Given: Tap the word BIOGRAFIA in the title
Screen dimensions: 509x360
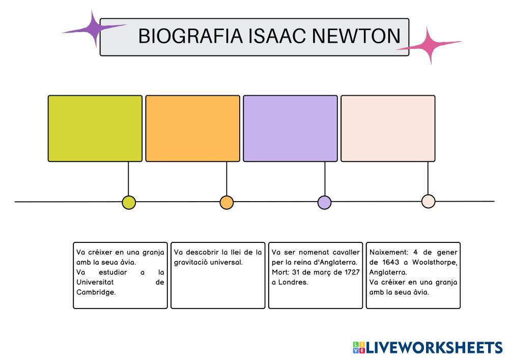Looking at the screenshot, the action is click(190, 36).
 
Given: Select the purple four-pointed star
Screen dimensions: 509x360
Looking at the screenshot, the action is click(94, 29).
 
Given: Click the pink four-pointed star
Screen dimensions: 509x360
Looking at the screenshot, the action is click(429, 45).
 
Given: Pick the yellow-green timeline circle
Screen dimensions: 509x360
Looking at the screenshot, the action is click(129, 203).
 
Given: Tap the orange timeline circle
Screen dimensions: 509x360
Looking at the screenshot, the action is click(227, 203).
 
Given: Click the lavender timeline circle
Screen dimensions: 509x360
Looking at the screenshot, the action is click(324, 203).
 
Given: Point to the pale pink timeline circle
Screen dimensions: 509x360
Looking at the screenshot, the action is click(428, 201).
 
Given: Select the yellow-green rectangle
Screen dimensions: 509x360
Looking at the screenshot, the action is click(95, 128).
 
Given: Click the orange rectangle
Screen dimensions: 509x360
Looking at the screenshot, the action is click(193, 128).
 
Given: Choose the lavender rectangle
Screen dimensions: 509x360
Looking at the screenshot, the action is click(290, 128).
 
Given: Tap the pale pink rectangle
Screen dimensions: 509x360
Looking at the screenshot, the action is click(388, 128).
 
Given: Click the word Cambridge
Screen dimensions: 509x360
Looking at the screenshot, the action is click(96, 292).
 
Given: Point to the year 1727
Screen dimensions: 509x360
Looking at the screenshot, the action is click(352, 272).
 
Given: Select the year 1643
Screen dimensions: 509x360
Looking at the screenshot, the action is click(390, 262).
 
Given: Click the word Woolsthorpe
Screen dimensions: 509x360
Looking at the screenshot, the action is click(435, 262).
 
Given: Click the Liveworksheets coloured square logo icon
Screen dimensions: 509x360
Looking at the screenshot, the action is click(359, 348).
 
